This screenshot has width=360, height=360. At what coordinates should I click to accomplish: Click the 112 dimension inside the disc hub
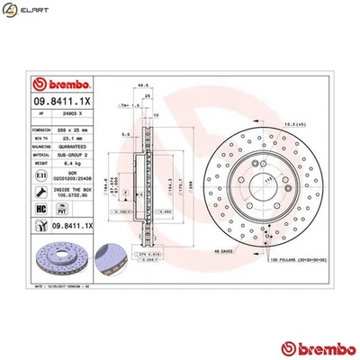(269, 179)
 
